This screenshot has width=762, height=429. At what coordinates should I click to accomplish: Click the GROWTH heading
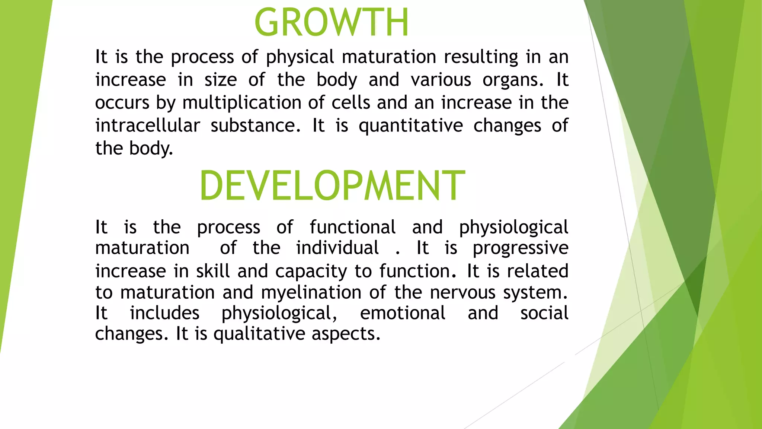332,23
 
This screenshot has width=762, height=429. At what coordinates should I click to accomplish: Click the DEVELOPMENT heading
332,185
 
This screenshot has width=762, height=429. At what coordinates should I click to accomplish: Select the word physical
300,57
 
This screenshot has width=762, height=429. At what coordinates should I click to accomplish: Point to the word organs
513,80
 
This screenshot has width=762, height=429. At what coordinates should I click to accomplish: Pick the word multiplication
241,103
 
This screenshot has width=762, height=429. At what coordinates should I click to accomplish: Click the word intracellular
148,125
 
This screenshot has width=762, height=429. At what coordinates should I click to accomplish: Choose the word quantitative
411,125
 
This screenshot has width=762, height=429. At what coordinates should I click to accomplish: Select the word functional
353,227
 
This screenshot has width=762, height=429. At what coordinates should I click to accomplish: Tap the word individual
337,248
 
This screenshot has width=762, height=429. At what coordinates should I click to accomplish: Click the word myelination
311,293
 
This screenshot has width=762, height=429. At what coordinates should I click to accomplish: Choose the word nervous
463,292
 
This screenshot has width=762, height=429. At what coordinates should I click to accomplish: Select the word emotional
403,313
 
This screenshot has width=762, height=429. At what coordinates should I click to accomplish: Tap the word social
544,313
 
